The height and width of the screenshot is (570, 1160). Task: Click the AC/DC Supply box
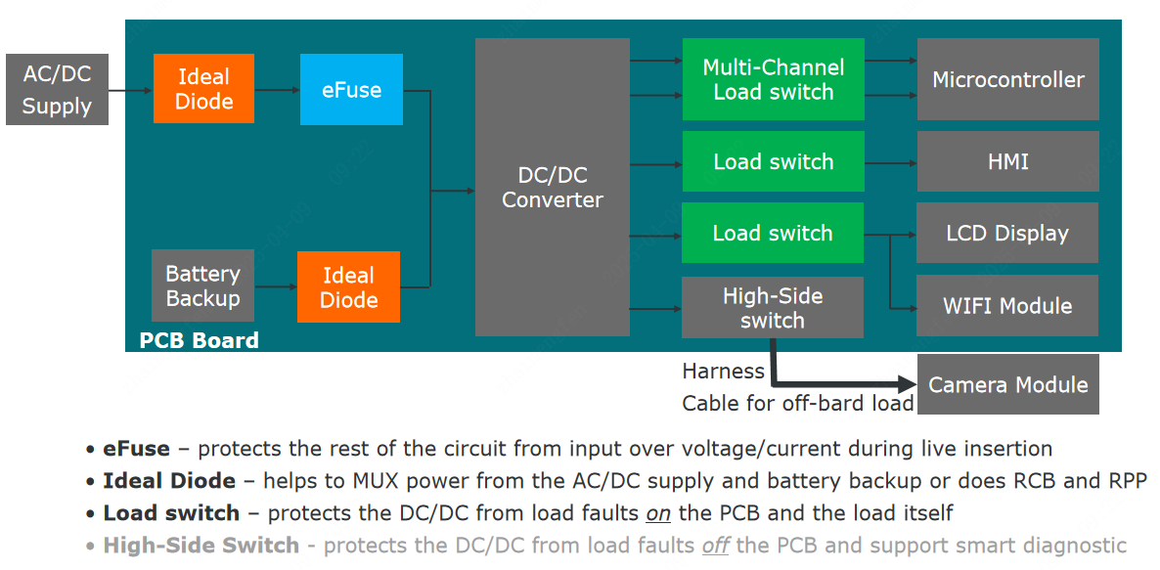(x=57, y=89)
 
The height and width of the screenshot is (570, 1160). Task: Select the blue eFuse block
(x=351, y=89)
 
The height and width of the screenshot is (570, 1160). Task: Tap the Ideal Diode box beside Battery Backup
(x=348, y=287)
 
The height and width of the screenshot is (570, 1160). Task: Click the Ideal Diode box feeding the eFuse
(x=203, y=89)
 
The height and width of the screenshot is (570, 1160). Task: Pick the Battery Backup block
(x=202, y=285)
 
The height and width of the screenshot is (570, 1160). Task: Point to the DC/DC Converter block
(x=552, y=187)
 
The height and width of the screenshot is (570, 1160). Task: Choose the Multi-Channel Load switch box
(x=773, y=79)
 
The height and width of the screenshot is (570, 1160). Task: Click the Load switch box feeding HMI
(x=773, y=161)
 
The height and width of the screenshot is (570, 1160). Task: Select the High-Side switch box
(x=772, y=307)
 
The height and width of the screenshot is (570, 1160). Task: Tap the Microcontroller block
(x=1007, y=79)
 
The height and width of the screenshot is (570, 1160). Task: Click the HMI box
(x=1007, y=161)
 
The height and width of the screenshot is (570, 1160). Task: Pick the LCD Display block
(x=1007, y=233)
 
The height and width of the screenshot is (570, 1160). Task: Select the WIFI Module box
(x=1007, y=305)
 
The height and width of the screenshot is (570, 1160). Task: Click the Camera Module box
(x=1007, y=384)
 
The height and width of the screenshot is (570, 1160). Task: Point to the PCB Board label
(x=200, y=340)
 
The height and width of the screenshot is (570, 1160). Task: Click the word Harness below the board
(x=723, y=372)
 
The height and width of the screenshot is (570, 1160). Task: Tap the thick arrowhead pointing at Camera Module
(x=905, y=384)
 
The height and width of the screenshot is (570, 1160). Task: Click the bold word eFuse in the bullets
(x=136, y=449)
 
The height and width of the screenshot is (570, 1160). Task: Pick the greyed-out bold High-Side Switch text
(x=201, y=545)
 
